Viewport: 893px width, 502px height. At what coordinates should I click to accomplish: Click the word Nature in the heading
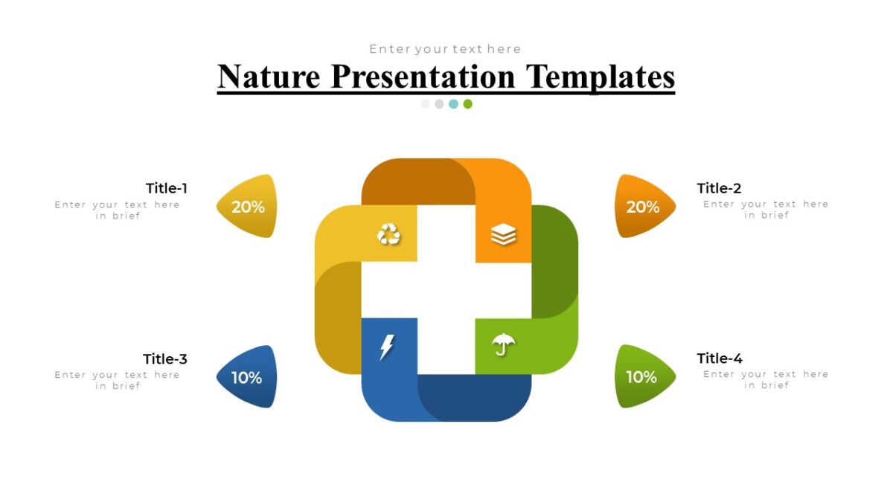point(269,77)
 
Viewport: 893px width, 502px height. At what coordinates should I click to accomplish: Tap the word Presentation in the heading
point(423,77)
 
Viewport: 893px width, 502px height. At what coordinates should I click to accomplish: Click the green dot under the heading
point(467,104)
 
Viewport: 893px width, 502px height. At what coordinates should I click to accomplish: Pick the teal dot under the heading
point(453,104)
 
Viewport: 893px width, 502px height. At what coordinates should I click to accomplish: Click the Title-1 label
point(167,188)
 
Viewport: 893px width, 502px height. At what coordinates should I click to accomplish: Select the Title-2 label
point(719,188)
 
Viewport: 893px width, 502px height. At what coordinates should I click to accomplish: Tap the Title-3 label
point(165,359)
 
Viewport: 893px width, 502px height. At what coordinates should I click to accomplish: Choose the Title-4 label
point(720,358)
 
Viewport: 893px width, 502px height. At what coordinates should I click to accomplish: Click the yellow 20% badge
point(247,207)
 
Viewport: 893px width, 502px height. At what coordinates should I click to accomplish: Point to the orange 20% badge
point(644,207)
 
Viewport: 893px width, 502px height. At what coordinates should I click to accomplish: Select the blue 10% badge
point(246,377)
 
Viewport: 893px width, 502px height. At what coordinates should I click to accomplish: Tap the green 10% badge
point(642,376)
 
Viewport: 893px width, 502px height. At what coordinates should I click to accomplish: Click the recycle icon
point(388,235)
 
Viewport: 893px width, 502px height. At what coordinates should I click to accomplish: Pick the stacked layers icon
point(504,235)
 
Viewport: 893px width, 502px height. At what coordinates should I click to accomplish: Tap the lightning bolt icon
point(387,347)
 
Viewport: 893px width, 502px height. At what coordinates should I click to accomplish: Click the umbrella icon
point(504,344)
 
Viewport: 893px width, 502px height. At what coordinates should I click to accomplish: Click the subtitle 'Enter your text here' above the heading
point(446,49)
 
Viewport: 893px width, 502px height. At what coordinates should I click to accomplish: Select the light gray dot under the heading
point(426,104)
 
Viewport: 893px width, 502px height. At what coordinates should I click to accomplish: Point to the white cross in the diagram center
point(446,290)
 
